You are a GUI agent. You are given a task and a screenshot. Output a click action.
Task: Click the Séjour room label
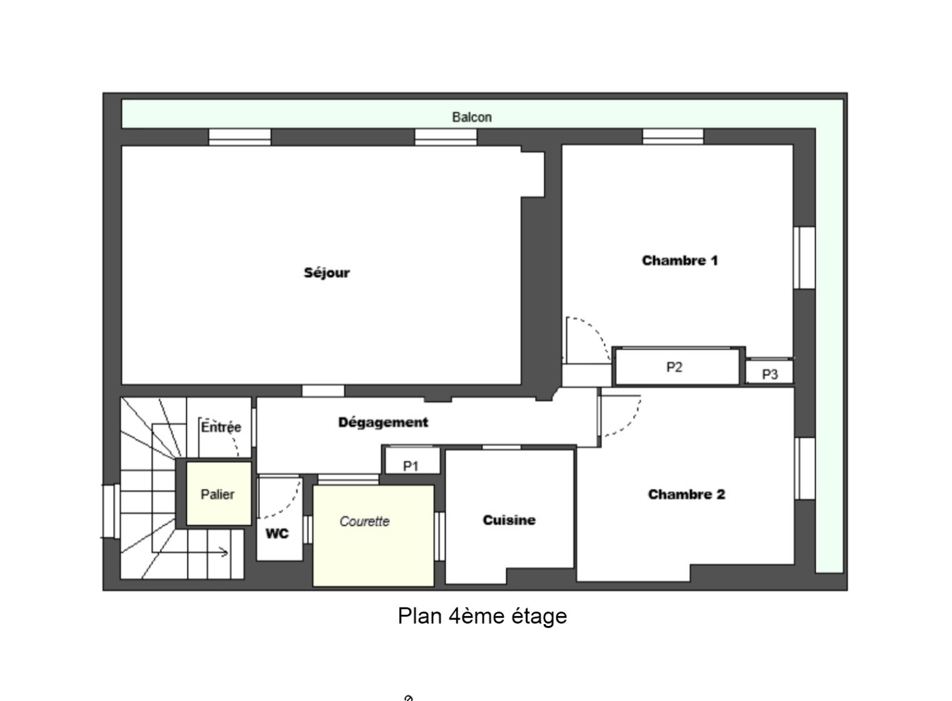pyautogui.click(x=327, y=273)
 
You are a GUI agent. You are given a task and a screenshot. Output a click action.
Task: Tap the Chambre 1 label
pyautogui.click(x=679, y=260)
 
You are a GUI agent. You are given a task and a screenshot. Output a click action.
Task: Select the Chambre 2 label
pyautogui.click(x=687, y=494)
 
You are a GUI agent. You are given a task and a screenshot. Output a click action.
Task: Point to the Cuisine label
pyautogui.click(x=509, y=520)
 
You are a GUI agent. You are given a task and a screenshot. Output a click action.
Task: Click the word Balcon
pyautogui.click(x=472, y=117)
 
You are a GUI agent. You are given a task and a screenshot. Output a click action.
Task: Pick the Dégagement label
pyautogui.click(x=383, y=422)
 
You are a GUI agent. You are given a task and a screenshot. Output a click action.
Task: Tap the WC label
pyautogui.click(x=277, y=534)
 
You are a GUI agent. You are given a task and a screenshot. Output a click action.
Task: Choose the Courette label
pyautogui.click(x=364, y=521)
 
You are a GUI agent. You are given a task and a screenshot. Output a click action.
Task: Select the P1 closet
pyautogui.click(x=412, y=461)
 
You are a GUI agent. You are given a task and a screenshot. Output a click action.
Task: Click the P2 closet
pyautogui.click(x=678, y=367)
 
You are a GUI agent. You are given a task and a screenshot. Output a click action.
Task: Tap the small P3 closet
pyautogui.click(x=770, y=371)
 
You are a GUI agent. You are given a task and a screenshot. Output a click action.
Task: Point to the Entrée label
pyautogui.click(x=221, y=427)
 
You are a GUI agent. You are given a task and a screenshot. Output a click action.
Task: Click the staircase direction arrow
pyautogui.click(x=190, y=552)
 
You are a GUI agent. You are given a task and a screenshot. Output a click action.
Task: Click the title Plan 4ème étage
pyautogui.click(x=483, y=616)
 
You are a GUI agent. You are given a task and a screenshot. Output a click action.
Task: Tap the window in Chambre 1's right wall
pyautogui.click(x=804, y=258)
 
